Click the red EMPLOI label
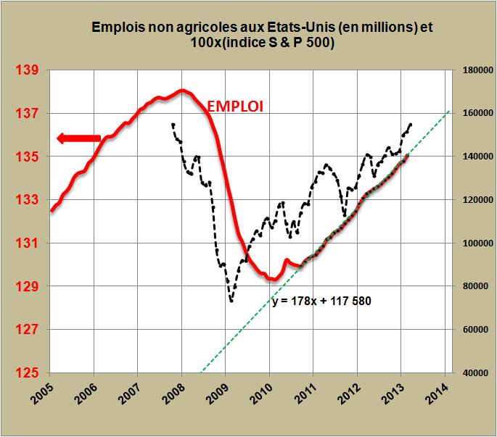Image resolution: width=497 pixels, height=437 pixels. pos(235,106)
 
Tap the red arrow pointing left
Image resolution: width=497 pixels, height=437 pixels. pos(79,138)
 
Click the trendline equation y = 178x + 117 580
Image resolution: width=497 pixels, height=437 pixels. pos(322,301)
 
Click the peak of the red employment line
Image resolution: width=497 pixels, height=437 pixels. pos(182,91)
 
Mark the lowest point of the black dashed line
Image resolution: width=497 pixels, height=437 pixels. pos(231,301)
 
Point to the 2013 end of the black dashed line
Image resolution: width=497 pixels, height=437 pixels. pos(411,124)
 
